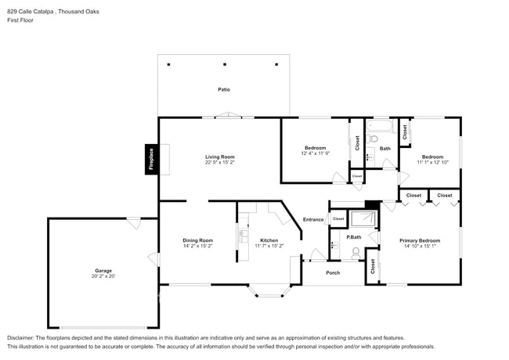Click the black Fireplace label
152,160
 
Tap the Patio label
224,89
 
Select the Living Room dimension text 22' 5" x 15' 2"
220,163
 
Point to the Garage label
103,271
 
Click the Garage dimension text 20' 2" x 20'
103,276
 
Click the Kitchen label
269,240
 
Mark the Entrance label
313,220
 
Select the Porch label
333,272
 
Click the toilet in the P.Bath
355,252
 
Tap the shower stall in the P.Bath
362,218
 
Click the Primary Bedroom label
420,240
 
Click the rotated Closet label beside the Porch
373,266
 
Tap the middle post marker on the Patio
224,63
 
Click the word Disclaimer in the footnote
22,337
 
